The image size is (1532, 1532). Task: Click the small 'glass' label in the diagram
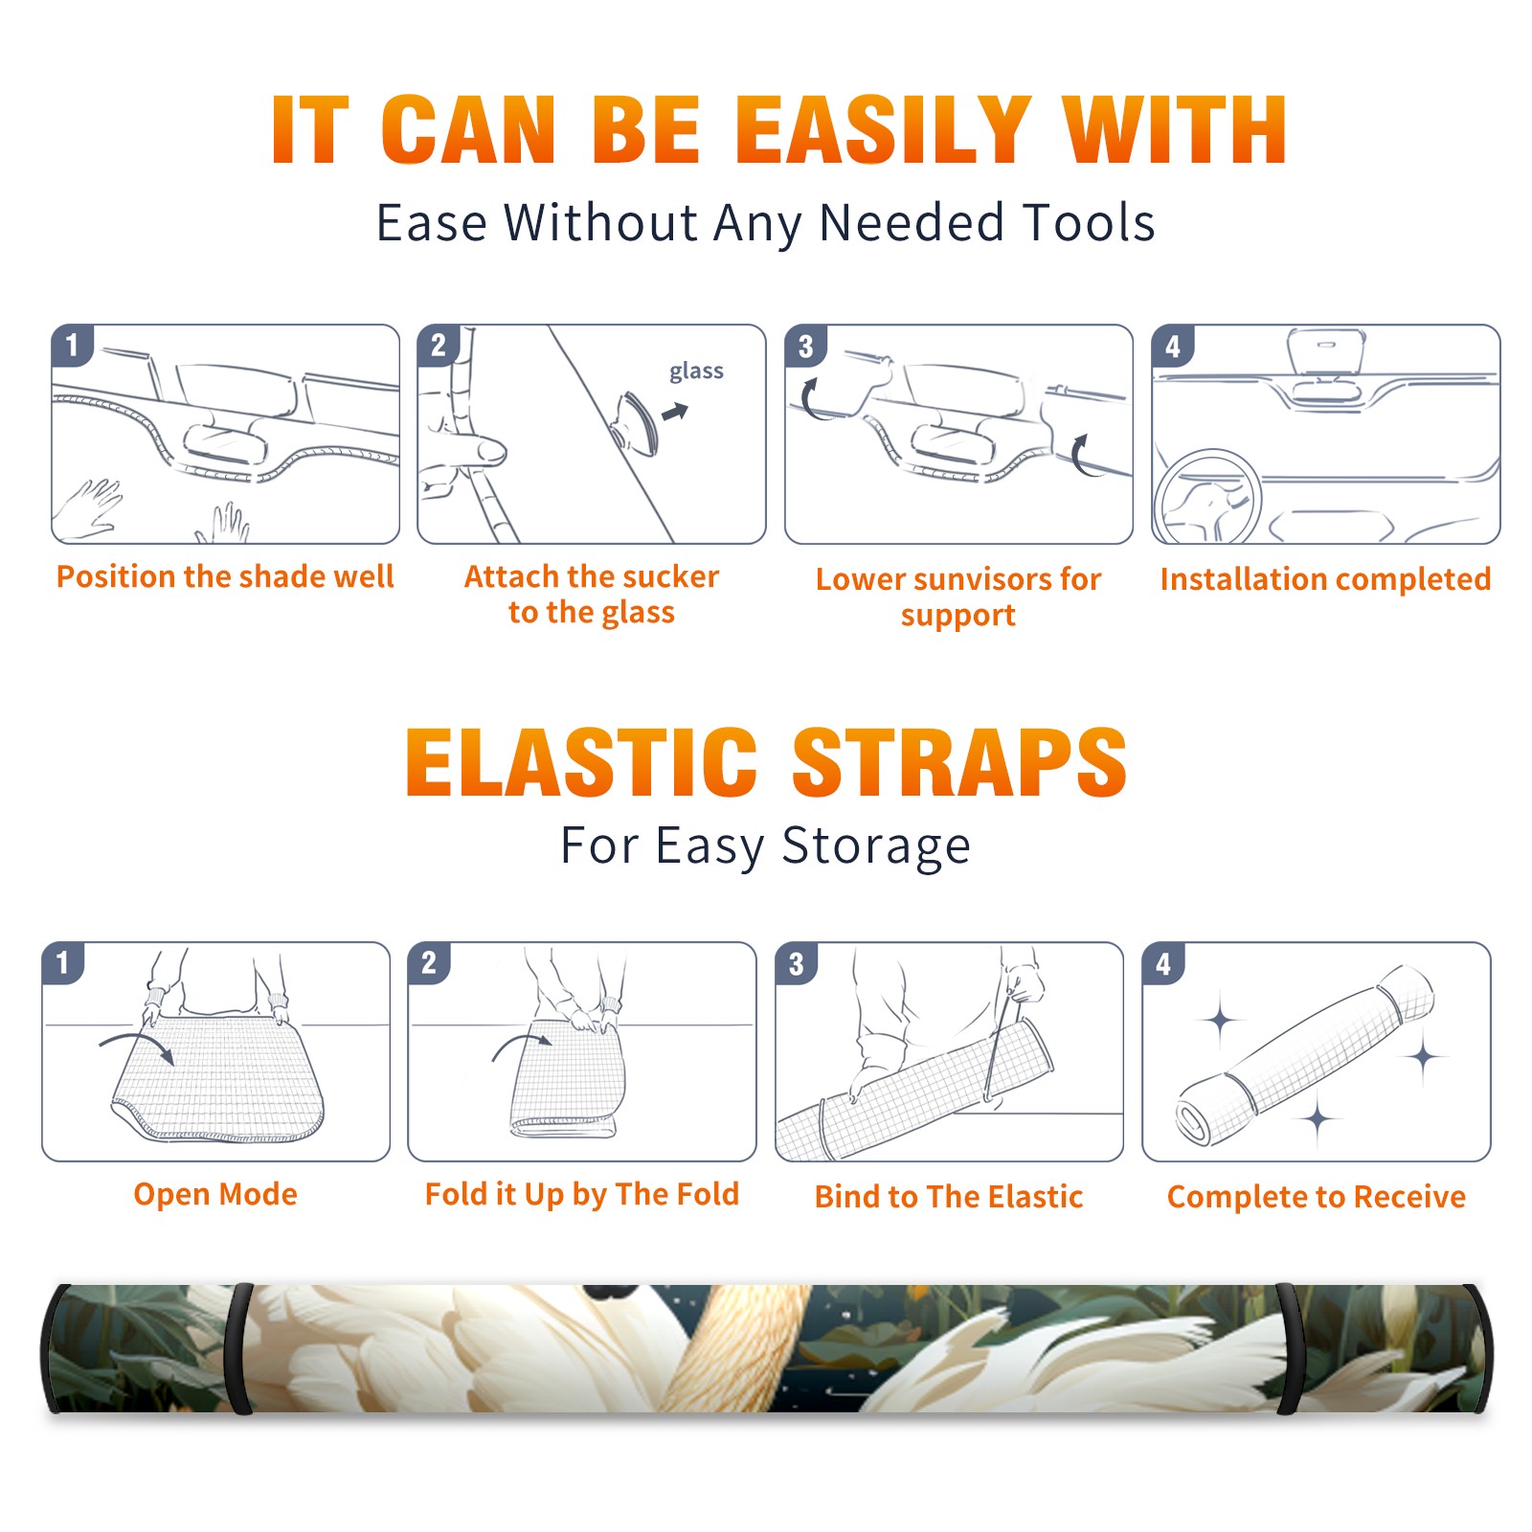tap(696, 372)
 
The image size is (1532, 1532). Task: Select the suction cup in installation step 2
tap(635, 422)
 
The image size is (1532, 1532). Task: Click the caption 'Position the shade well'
tap(225, 576)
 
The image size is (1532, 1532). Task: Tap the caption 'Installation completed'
tap(1325, 579)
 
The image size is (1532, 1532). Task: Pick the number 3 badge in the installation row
tap(804, 346)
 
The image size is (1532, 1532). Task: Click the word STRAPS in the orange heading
tap(960, 762)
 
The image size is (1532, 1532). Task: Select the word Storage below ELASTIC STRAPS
tap(876, 846)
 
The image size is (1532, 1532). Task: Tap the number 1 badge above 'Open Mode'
tap(63, 962)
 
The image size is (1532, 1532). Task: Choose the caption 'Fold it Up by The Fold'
tap(582, 1195)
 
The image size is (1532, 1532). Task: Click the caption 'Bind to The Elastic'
tap(949, 1197)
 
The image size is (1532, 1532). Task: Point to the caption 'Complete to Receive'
tap(1317, 1197)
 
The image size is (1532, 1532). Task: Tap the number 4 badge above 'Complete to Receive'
tap(1163, 963)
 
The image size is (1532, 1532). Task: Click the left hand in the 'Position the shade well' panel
tap(88, 508)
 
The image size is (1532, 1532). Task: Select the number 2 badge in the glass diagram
tap(439, 345)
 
